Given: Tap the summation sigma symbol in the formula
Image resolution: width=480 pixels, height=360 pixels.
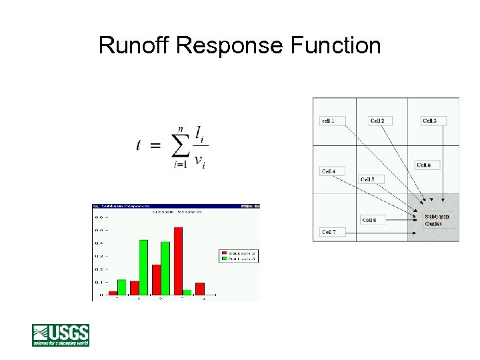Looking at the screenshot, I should tap(180, 146).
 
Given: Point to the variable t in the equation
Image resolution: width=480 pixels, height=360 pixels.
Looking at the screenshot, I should tap(138, 145).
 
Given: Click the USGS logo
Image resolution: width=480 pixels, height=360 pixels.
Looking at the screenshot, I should tap(61, 335).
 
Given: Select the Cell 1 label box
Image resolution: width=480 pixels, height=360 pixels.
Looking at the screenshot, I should tap(332, 121).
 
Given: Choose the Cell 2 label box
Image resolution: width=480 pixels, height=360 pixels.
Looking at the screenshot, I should tap(380, 121).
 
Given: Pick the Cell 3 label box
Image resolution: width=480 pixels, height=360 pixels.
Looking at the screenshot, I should tap(433, 121).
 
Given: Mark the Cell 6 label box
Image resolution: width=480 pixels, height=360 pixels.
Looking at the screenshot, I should tap(427, 165).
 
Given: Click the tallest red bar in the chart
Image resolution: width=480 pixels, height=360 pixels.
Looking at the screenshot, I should tap(178, 261).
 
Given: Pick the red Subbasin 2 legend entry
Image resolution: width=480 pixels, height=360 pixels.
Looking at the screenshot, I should tap(231, 253).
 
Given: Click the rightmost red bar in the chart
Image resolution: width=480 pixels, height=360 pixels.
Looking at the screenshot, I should tap(199, 288).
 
